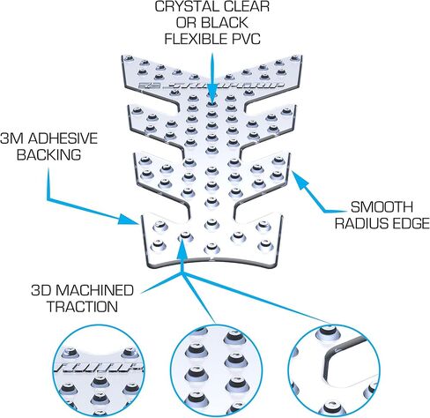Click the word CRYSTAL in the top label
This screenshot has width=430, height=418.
182,6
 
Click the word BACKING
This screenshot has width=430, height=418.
48,154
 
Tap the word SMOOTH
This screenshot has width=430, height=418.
382,207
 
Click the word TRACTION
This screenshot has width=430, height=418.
82,307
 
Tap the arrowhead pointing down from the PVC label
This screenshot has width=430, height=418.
212,95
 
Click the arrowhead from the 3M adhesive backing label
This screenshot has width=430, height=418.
130,220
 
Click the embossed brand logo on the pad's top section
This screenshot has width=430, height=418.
211,85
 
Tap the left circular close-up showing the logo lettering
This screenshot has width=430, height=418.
98,371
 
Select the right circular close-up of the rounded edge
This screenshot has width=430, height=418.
333,371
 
